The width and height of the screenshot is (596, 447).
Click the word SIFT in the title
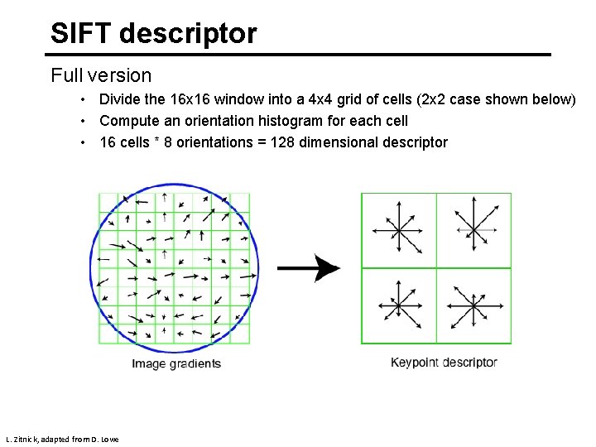[81, 34]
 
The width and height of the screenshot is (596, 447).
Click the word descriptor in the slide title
[188, 34]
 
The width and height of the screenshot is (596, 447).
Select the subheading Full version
[101, 76]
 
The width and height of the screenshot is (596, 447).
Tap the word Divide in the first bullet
[120, 100]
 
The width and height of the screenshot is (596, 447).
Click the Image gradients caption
[176, 364]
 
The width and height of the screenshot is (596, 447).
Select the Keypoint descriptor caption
[444, 363]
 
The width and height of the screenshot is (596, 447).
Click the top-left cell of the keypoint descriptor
[399, 229]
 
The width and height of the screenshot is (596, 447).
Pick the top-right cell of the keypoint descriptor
[473, 229]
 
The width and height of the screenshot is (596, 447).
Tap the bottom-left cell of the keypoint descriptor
[399, 305]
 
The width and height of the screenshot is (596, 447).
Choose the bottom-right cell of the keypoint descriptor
[473, 305]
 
